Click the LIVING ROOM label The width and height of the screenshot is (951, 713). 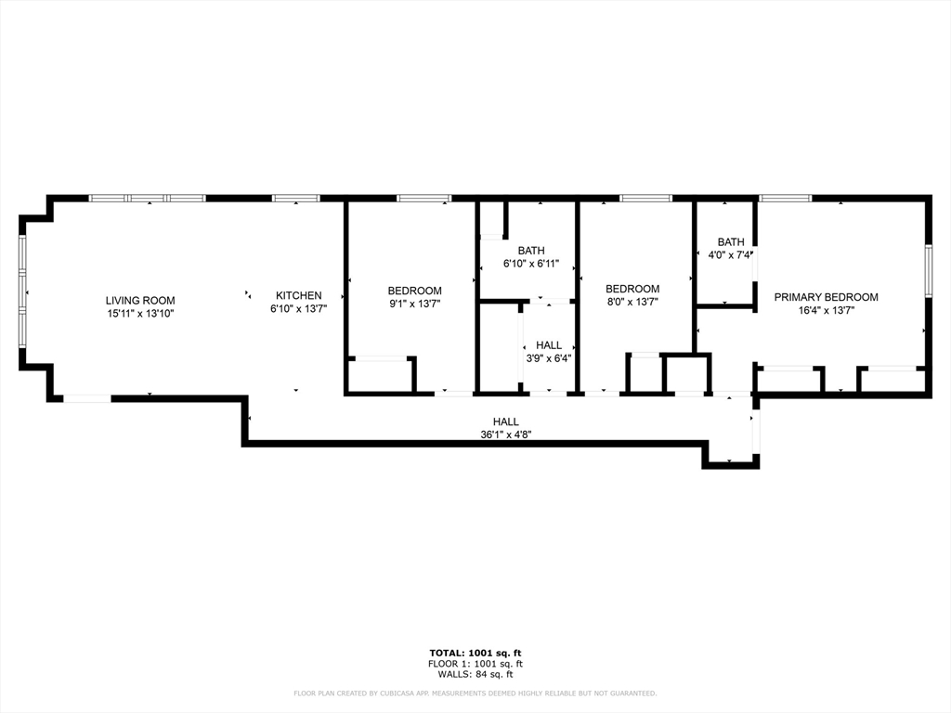pyautogui.click(x=140, y=300)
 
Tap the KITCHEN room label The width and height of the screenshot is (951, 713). pyautogui.click(x=296, y=295)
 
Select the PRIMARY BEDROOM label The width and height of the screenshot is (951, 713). pyautogui.click(x=826, y=297)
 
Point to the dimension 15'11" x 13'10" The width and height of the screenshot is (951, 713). pyautogui.click(x=140, y=314)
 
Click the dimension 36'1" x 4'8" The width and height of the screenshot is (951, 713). pyautogui.click(x=505, y=434)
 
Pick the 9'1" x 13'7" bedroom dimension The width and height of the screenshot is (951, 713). pyautogui.click(x=414, y=304)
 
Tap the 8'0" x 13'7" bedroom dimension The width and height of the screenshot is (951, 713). pyautogui.click(x=632, y=302)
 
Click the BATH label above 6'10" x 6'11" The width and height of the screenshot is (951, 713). pyautogui.click(x=531, y=251)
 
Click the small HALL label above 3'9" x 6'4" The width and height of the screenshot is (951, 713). pyautogui.click(x=548, y=345)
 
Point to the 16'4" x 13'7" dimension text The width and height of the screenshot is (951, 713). pyautogui.click(x=826, y=311)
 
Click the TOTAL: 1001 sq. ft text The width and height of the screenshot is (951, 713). pyautogui.click(x=475, y=653)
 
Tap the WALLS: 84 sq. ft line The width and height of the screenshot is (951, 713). pyautogui.click(x=475, y=675)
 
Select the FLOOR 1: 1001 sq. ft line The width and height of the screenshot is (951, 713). pyautogui.click(x=475, y=664)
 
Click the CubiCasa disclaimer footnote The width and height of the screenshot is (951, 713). pyautogui.click(x=475, y=694)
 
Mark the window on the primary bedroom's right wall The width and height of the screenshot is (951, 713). pyautogui.click(x=928, y=271)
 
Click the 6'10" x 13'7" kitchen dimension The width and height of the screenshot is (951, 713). pyautogui.click(x=298, y=308)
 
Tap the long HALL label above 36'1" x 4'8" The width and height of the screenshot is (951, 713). pyautogui.click(x=505, y=421)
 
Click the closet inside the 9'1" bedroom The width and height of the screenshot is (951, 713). pyautogui.click(x=381, y=375)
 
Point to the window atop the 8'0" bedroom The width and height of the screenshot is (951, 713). pyautogui.click(x=645, y=198)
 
